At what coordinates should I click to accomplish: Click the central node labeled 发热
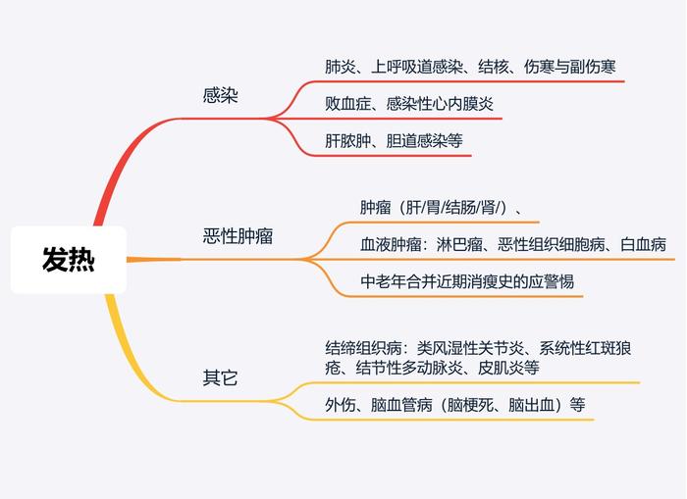point(69,260)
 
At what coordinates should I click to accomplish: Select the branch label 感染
point(220,95)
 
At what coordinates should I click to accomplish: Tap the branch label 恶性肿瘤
point(238,236)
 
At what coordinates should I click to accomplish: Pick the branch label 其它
point(220,377)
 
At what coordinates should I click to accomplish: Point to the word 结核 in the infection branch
point(494,67)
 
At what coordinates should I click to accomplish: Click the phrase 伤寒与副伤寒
point(570,67)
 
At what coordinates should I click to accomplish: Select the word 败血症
point(347,104)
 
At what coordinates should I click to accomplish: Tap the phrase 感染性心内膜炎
point(440,104)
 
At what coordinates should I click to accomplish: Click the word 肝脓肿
point(347,140)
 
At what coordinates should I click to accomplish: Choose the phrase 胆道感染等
point(425,140)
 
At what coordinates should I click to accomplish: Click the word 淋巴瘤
point(459,244)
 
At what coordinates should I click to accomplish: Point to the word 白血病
point(643,244)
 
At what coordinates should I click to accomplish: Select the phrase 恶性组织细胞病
point(552,244)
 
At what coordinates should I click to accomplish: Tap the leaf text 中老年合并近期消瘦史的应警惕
point(467,281)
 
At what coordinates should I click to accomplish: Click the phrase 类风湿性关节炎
point(470,348)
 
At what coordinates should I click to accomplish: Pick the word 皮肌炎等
point(508,368)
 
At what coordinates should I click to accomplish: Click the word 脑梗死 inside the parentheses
point(470,405)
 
